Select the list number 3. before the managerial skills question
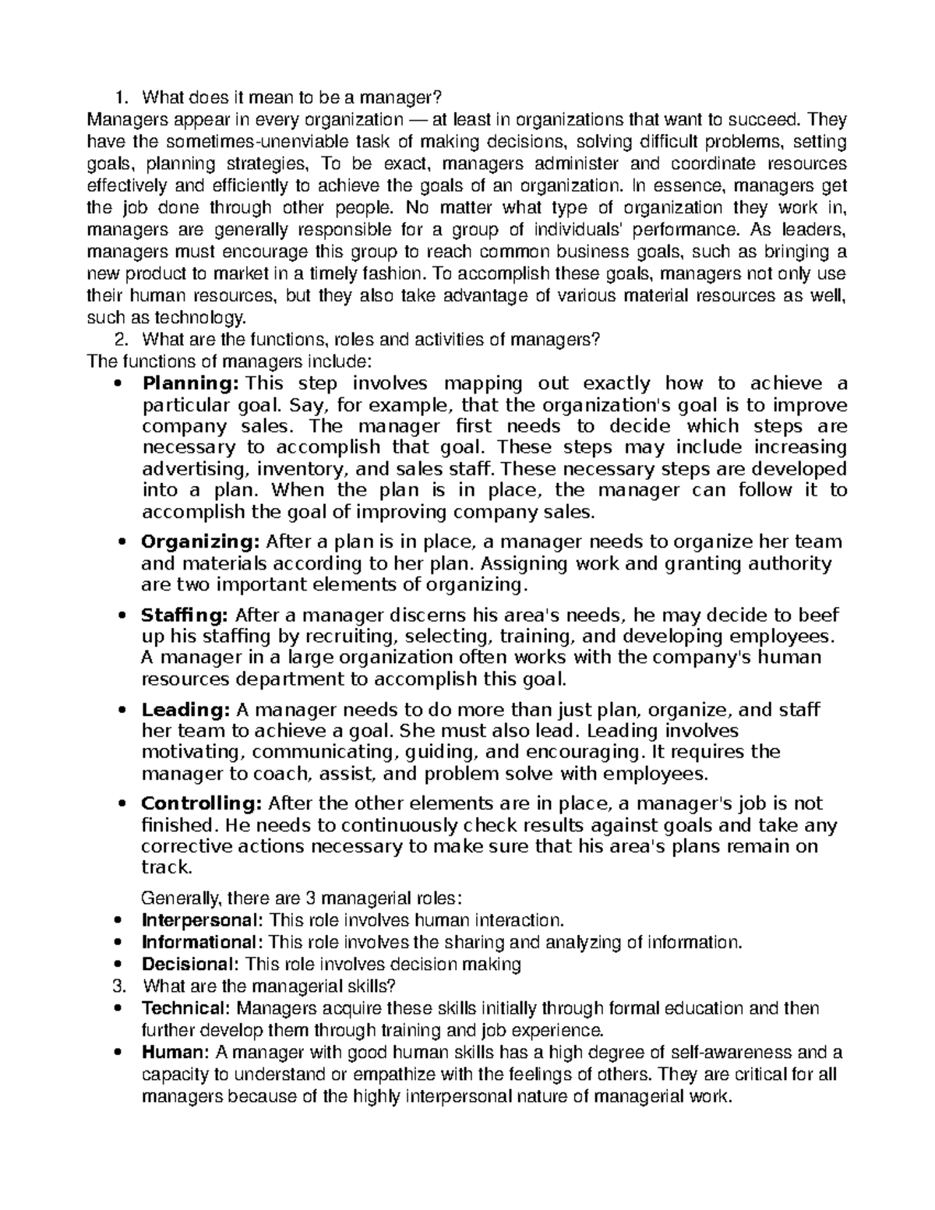click(x=118, y=986)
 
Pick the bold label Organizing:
click(x=201, y=542)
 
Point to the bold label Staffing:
click(x=185, y=616)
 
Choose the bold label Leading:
click(x=185, y=710)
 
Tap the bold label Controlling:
click(x=202, y=803)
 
